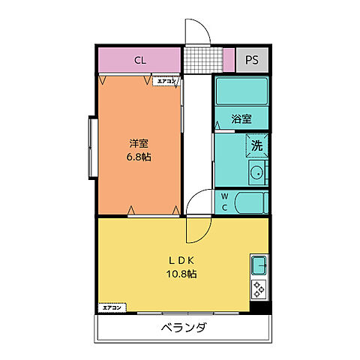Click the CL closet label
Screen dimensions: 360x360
tap(139, 60)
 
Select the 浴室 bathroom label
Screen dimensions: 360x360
tap(241, 118)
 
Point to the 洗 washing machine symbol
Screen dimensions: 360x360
tap(257, 145)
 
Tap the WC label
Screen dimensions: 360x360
tap(223, 202)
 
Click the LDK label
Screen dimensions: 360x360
tap(181, 260)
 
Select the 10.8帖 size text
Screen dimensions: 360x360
tap(181, 274)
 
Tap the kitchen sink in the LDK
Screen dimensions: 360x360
tap(259, 265)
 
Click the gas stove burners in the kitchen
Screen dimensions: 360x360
tap(259, 288)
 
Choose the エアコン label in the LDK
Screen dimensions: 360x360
tap(111, 307)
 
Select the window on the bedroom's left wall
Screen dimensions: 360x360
tap(91, 148)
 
